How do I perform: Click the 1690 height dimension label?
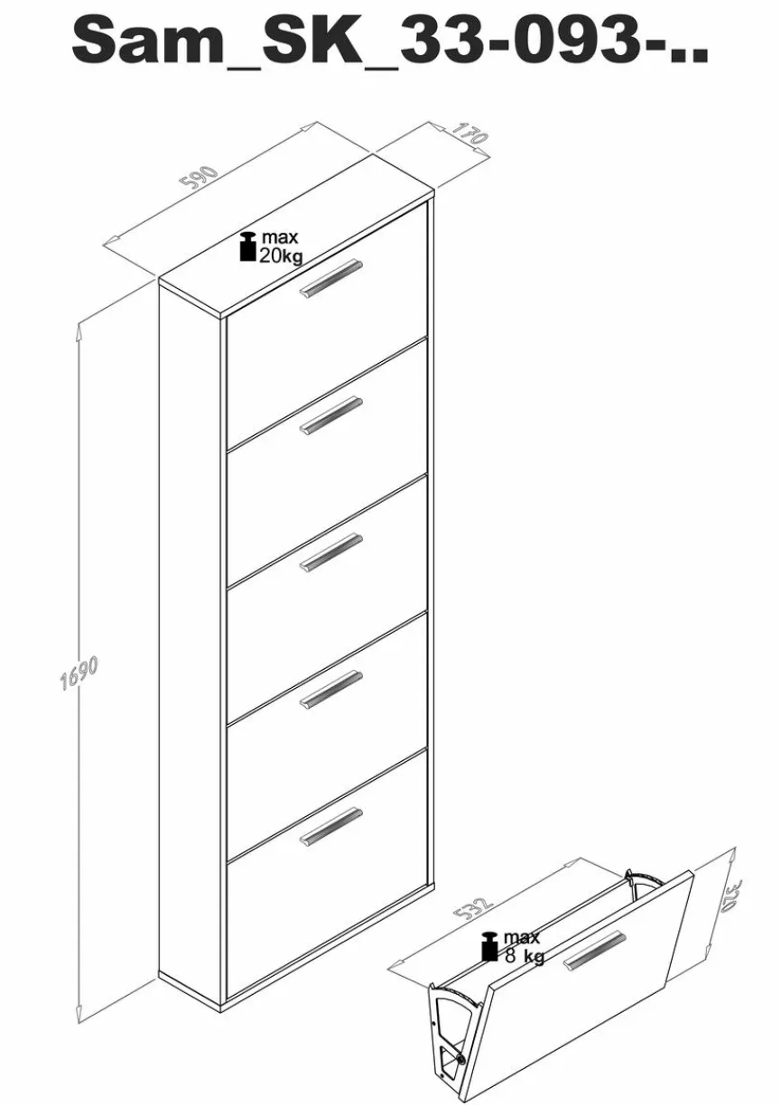[79, 673]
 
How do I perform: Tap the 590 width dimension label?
[199, 178]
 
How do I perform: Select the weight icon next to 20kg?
[247, 246]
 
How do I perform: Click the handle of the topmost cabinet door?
[331, 278]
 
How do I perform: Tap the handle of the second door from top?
[331, 415]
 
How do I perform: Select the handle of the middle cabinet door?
[331, 552]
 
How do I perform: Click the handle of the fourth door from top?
[331, 690]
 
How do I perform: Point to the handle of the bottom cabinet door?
[331, 827]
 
